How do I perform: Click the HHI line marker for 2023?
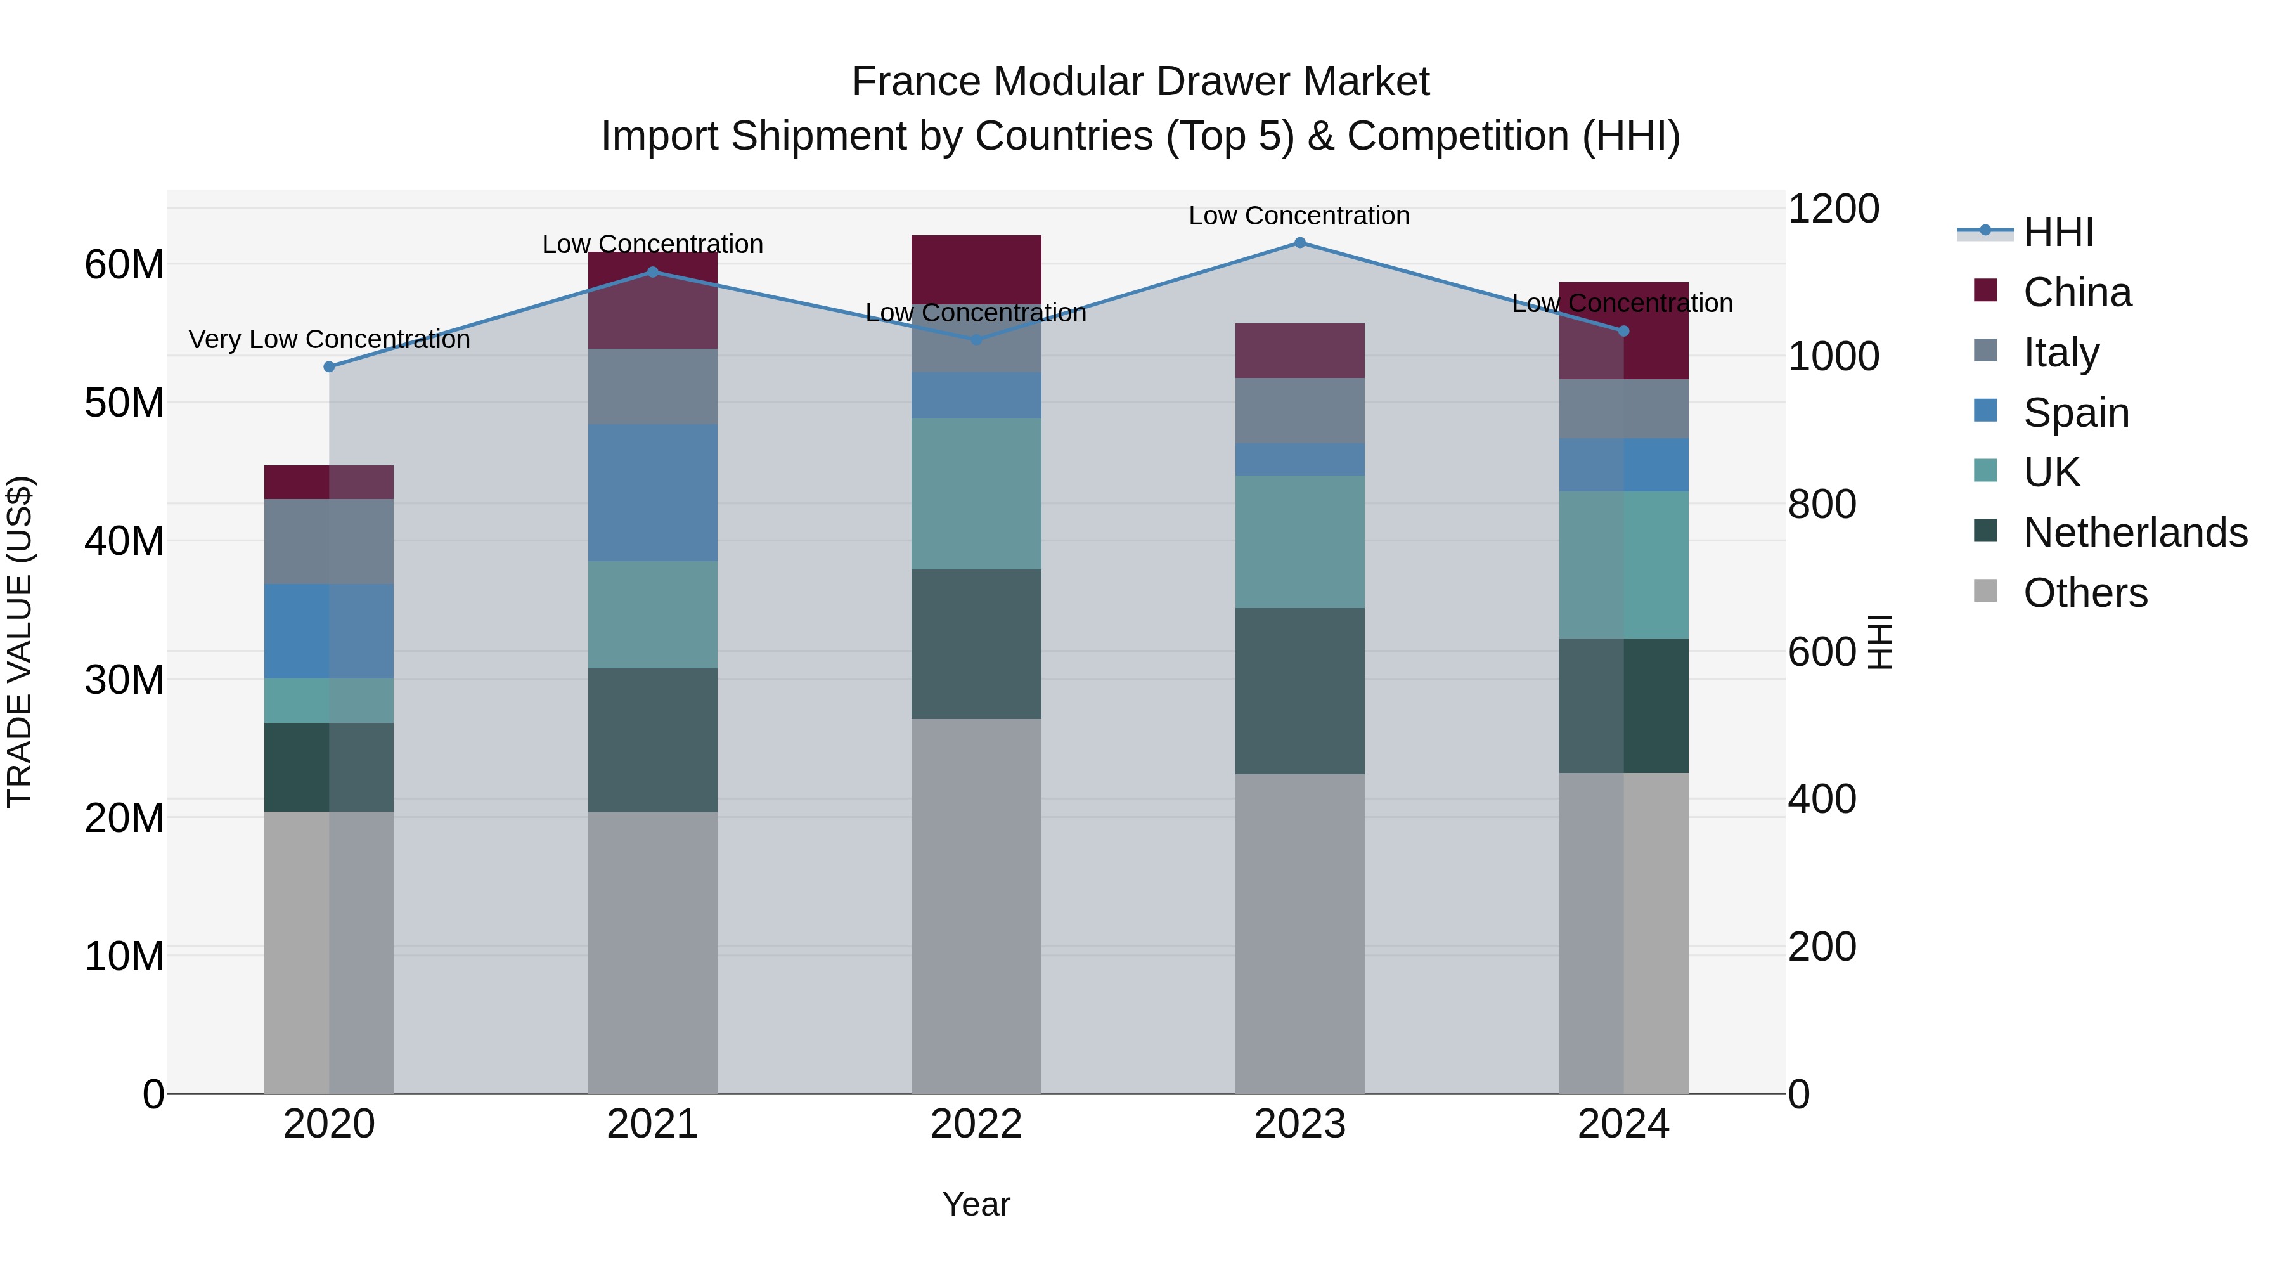[x=1299, y=243]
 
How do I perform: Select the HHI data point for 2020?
[x=330, y=367]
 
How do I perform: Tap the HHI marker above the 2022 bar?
[x=976, y=339]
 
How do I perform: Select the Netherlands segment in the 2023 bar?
[x=1299, y=691]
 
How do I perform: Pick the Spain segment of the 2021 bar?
[x=653, y=493]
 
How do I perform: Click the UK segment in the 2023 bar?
[x=1299, y=541]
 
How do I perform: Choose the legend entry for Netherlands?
[x=2135, y=533]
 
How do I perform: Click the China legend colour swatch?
[x=1985, y=290]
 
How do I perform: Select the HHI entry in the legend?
[x=2058, y=232]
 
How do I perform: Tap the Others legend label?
[x=2085, y=593]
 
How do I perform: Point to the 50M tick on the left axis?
[x=124, y=403]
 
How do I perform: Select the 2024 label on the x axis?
[x=1623, y=1124]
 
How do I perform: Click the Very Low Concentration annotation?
[x=330, y=339]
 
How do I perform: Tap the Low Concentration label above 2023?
[x=1299, y=216]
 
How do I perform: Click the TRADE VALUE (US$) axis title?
[x=20, y=642]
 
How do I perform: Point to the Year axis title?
[x=976, y=1204]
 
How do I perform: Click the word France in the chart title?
[x=916, y=82]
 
